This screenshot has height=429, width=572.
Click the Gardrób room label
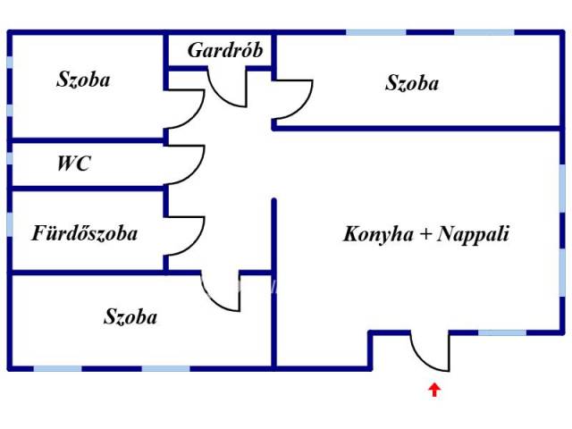tap(225, 50)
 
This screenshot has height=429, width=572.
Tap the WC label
tap(73, 164)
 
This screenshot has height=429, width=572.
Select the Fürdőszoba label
tap(85, 234)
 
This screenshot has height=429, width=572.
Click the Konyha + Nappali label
tap(425, 234)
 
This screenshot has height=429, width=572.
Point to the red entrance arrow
tap(434, 389)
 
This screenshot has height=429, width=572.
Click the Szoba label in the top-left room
tap(83, 80)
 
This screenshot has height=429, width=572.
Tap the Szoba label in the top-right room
tap(412, 83)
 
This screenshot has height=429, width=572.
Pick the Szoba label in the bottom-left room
tap(130, 316)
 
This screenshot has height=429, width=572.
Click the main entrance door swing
tap(430, 350)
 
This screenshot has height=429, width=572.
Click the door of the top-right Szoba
tap(293, 98)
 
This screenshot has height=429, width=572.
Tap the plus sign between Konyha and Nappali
tap(425, 235)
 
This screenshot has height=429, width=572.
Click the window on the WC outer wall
tap(10, 164)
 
